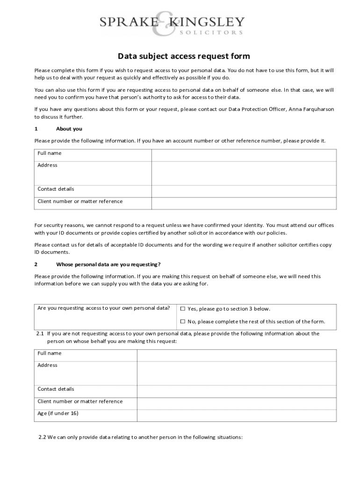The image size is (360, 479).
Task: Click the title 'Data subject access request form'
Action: [x=184, y=57]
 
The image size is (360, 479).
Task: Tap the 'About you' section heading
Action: [x=69, y=129]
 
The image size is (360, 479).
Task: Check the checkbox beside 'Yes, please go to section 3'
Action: [x=183, y=309]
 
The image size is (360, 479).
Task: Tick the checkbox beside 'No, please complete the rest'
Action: [x=183, y=321]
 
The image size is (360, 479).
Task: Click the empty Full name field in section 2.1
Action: [x=236, y=355]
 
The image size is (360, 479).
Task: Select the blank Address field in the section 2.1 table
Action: [x=236, y=373]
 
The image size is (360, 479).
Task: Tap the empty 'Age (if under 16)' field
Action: [x=236, y=415]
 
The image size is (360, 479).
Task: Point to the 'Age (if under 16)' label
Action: [x=58, y=414]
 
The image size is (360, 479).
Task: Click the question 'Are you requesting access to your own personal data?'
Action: [x=103, y=308]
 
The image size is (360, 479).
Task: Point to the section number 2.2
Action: [x=42, y=437]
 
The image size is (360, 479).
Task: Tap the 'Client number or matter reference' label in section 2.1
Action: [x=80, y=401]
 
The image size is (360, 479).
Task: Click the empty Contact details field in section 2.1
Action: [x=236, y=391]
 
